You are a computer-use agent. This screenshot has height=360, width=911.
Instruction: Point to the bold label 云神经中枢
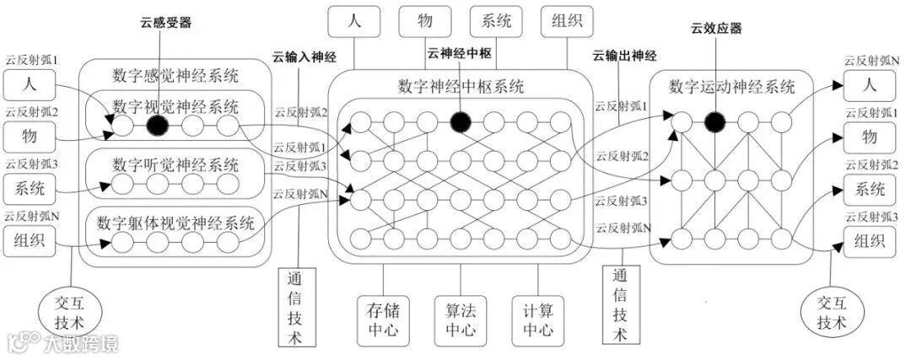point(460,53)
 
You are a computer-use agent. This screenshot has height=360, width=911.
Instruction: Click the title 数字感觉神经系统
point(175,73)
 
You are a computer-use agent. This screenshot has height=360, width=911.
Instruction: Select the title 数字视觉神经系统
point(175,107)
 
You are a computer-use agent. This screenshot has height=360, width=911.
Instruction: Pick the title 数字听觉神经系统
point(175,163)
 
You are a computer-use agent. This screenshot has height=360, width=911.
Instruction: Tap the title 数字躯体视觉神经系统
point(175,223)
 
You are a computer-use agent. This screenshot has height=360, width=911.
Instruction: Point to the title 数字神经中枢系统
point(460,86)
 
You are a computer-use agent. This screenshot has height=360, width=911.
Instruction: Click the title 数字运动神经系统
point(731,86)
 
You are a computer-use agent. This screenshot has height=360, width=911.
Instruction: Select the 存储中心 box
point(382,317)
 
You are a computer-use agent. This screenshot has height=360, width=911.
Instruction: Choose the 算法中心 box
point(460,317)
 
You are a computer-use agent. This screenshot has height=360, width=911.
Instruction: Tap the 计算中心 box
point(537,317)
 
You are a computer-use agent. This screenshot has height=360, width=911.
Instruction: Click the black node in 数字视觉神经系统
point(158,126)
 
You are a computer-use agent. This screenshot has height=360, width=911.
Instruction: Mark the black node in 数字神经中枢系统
point(460,121)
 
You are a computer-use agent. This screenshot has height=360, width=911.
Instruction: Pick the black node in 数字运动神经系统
point(714,121)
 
